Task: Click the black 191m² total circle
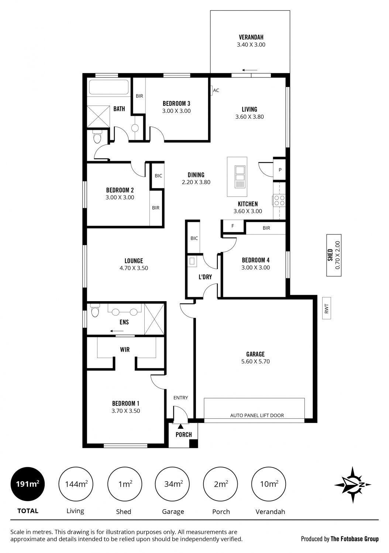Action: (27, 484)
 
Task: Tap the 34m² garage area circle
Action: (172, 484)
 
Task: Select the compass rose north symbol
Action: (353, 485)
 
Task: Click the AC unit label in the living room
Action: (216, 90)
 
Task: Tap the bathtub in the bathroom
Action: (109, 87)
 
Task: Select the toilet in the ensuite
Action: (95, 311)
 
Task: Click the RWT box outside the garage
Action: (327, 308)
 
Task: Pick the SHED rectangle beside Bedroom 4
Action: (334, 255)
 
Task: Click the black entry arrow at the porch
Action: (181, 426)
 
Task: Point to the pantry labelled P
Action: (280, 170)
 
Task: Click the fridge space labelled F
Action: (233, 226)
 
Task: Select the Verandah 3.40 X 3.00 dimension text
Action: (251, 45)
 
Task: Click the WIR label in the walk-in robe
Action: (124, 349)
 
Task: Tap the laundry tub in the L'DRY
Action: (192, 261)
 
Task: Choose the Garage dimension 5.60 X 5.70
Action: (255, 361)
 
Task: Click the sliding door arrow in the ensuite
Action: (117, 331)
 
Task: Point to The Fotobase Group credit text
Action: (355, 539)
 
